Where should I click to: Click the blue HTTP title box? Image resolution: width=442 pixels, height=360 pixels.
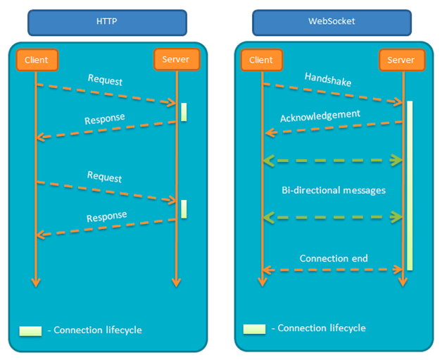pos(107,23)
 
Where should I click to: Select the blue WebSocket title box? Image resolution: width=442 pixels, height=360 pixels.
pos(331,23)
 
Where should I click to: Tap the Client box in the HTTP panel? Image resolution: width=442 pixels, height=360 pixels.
pos(37,60)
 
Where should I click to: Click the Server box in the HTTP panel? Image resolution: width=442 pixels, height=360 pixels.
pos(177,59)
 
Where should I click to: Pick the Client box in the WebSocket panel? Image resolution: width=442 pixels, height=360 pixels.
pos(262,60)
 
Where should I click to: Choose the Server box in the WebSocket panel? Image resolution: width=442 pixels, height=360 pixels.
pos(402,60)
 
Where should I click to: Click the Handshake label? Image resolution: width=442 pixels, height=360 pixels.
pos(328,80)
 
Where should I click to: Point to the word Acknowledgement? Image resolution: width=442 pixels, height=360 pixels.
pos(320,116)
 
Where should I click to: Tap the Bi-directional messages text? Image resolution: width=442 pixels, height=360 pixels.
pos(334,190)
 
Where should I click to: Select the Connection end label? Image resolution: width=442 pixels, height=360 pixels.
pos(334,258)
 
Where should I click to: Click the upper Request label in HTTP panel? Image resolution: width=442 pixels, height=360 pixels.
pos(105,80)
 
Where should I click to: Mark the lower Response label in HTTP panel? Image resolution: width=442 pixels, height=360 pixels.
pos(106,216)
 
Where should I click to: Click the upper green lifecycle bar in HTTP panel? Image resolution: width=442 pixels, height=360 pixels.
pos(184,112)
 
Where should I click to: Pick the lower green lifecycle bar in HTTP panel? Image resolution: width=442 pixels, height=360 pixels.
pos(184,209)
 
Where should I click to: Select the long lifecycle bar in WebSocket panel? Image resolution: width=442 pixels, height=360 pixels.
pos(410,186)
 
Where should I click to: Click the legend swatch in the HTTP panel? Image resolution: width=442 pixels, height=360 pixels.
pos(30,331)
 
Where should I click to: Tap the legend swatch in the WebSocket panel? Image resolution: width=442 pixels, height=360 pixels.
pos(254,329)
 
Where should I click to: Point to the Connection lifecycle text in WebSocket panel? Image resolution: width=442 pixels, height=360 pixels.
pos(322,328)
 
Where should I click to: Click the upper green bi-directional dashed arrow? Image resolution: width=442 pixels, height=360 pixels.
pos(333,161)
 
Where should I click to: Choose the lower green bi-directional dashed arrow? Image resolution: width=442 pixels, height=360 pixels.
pos(333,218)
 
